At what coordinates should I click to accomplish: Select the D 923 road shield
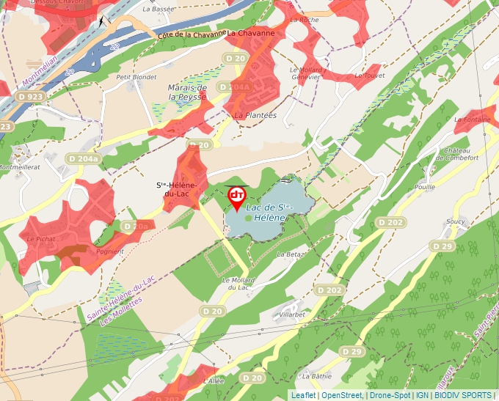(x=31, y=96)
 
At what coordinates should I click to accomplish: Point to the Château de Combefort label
(x=461, y=153)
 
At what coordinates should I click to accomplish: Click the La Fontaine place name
(x=472, y=119)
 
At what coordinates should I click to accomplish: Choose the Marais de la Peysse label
(x=187, y=92)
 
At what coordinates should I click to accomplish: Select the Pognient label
(x=110, y=251)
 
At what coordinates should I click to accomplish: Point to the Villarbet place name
(x=292, y=314)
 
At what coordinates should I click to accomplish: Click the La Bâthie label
(x=317, y=376)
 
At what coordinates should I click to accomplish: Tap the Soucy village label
(x=456, y=221)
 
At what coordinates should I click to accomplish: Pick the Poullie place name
(x=424, y=187)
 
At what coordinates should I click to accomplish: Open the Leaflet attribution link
(x=304, y=395)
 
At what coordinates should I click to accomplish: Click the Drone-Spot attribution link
(x=390, y=395)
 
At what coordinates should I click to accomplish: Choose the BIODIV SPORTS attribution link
(x=462, y=395)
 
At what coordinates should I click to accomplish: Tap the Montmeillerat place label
(x=20, y=167)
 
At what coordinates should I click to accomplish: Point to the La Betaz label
(x=291, y=254)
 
